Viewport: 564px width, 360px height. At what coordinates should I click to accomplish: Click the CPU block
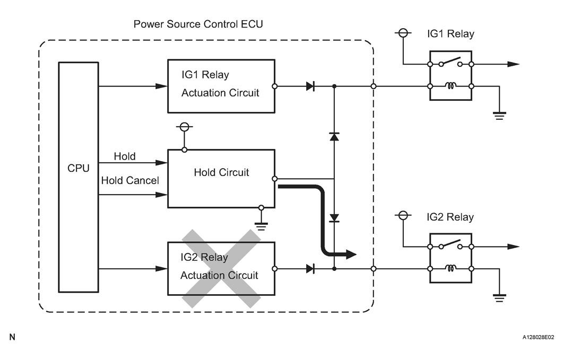click(78, 177)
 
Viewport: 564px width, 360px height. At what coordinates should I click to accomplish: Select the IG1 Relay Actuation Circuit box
click(221, 86)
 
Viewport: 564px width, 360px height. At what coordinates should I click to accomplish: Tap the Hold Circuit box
click(221, 178)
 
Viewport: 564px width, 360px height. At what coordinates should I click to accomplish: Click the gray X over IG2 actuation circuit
click(221, 268)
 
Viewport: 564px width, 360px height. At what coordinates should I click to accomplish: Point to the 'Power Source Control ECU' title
click(198, 24)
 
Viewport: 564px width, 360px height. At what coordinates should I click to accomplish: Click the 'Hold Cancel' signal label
click(130, 181)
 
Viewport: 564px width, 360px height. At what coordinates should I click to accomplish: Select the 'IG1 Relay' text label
click(450, 34)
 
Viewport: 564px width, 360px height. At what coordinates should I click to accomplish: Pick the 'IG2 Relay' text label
click(450, 217)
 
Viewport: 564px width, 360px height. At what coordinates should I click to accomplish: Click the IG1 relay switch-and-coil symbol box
click(450, 75)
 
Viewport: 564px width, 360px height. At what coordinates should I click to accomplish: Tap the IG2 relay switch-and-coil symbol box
click(450, 258)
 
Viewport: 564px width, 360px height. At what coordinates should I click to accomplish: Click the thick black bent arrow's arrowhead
click(350, 254)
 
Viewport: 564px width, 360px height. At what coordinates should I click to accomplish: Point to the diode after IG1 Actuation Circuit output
click(311, 86)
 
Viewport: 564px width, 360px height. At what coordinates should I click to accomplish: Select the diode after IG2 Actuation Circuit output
click(311, 269)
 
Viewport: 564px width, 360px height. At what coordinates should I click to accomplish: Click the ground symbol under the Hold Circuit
click(261, 226)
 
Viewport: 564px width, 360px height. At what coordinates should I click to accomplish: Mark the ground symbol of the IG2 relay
click(499, 298)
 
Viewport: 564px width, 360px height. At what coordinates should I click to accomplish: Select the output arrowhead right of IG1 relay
click(513, 64)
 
